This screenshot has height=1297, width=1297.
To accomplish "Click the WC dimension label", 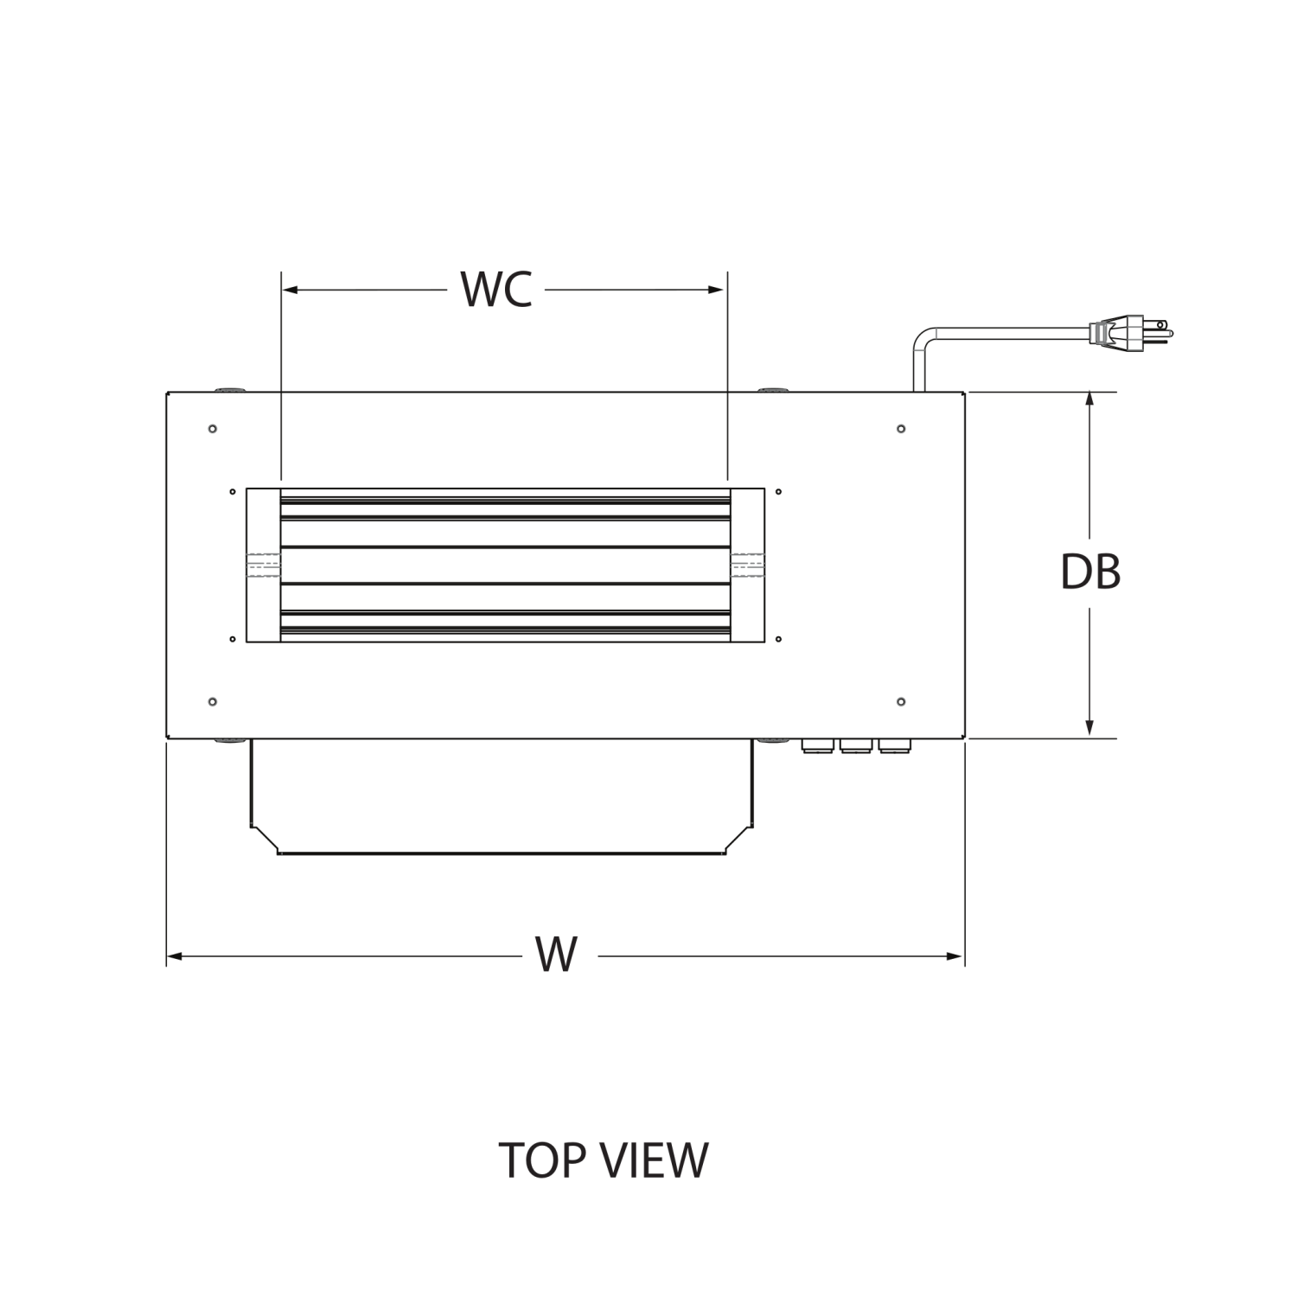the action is (496, 290).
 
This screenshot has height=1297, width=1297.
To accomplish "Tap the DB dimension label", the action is (1090, 572).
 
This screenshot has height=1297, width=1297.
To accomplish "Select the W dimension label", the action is (556, 955).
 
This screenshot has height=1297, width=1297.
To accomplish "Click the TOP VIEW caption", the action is (604, 1160).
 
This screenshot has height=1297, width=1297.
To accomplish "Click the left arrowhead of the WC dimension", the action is (291, 290).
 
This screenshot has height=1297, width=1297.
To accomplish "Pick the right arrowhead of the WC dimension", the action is (717, 290).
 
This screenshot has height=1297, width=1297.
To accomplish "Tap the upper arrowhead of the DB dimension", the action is (1089, 401).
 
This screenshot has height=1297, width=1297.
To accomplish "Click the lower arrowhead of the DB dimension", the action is (1089, 729).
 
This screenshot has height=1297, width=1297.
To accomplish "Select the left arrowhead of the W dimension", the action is (175, 956).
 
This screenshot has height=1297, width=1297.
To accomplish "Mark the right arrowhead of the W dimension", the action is (955, 956).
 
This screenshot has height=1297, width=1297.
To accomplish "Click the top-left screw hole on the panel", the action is (213, 429).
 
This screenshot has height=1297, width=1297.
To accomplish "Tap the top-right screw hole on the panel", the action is (901, 429).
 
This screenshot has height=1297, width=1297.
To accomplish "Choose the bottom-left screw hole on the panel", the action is (213, 701).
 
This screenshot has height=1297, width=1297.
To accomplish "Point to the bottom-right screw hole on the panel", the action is (901, 701).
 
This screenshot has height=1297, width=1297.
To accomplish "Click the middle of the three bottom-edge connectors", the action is (854, 744).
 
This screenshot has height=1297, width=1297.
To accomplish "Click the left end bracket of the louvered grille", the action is (264, 565).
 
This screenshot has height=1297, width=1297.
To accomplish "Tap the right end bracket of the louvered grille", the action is (747, 565).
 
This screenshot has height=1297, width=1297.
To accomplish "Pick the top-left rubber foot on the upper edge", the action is (229, 390).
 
